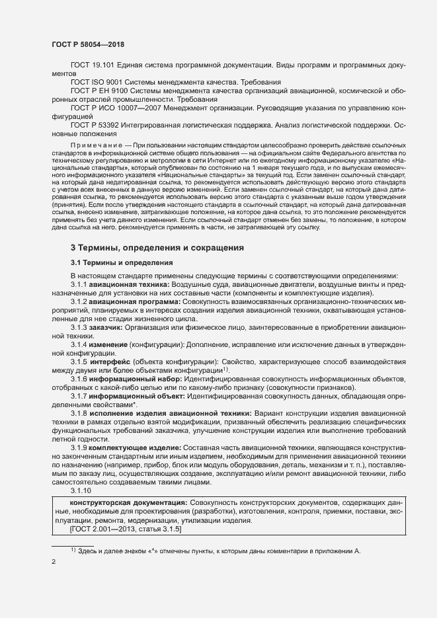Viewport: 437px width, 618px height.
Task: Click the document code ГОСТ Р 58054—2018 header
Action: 87,44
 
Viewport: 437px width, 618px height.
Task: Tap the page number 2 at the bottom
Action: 53,563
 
